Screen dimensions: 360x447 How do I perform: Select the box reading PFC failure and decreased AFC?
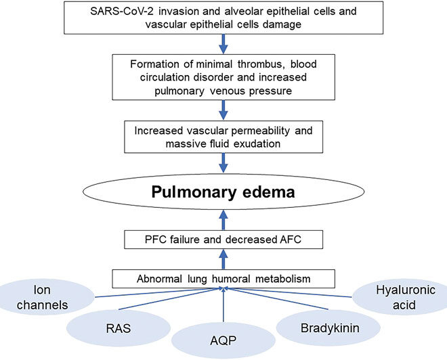click(x=223, y=239)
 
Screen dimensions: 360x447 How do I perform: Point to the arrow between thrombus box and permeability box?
click(x=223, y=108)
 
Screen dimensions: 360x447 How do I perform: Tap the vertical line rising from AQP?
click(x=223, y=308)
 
